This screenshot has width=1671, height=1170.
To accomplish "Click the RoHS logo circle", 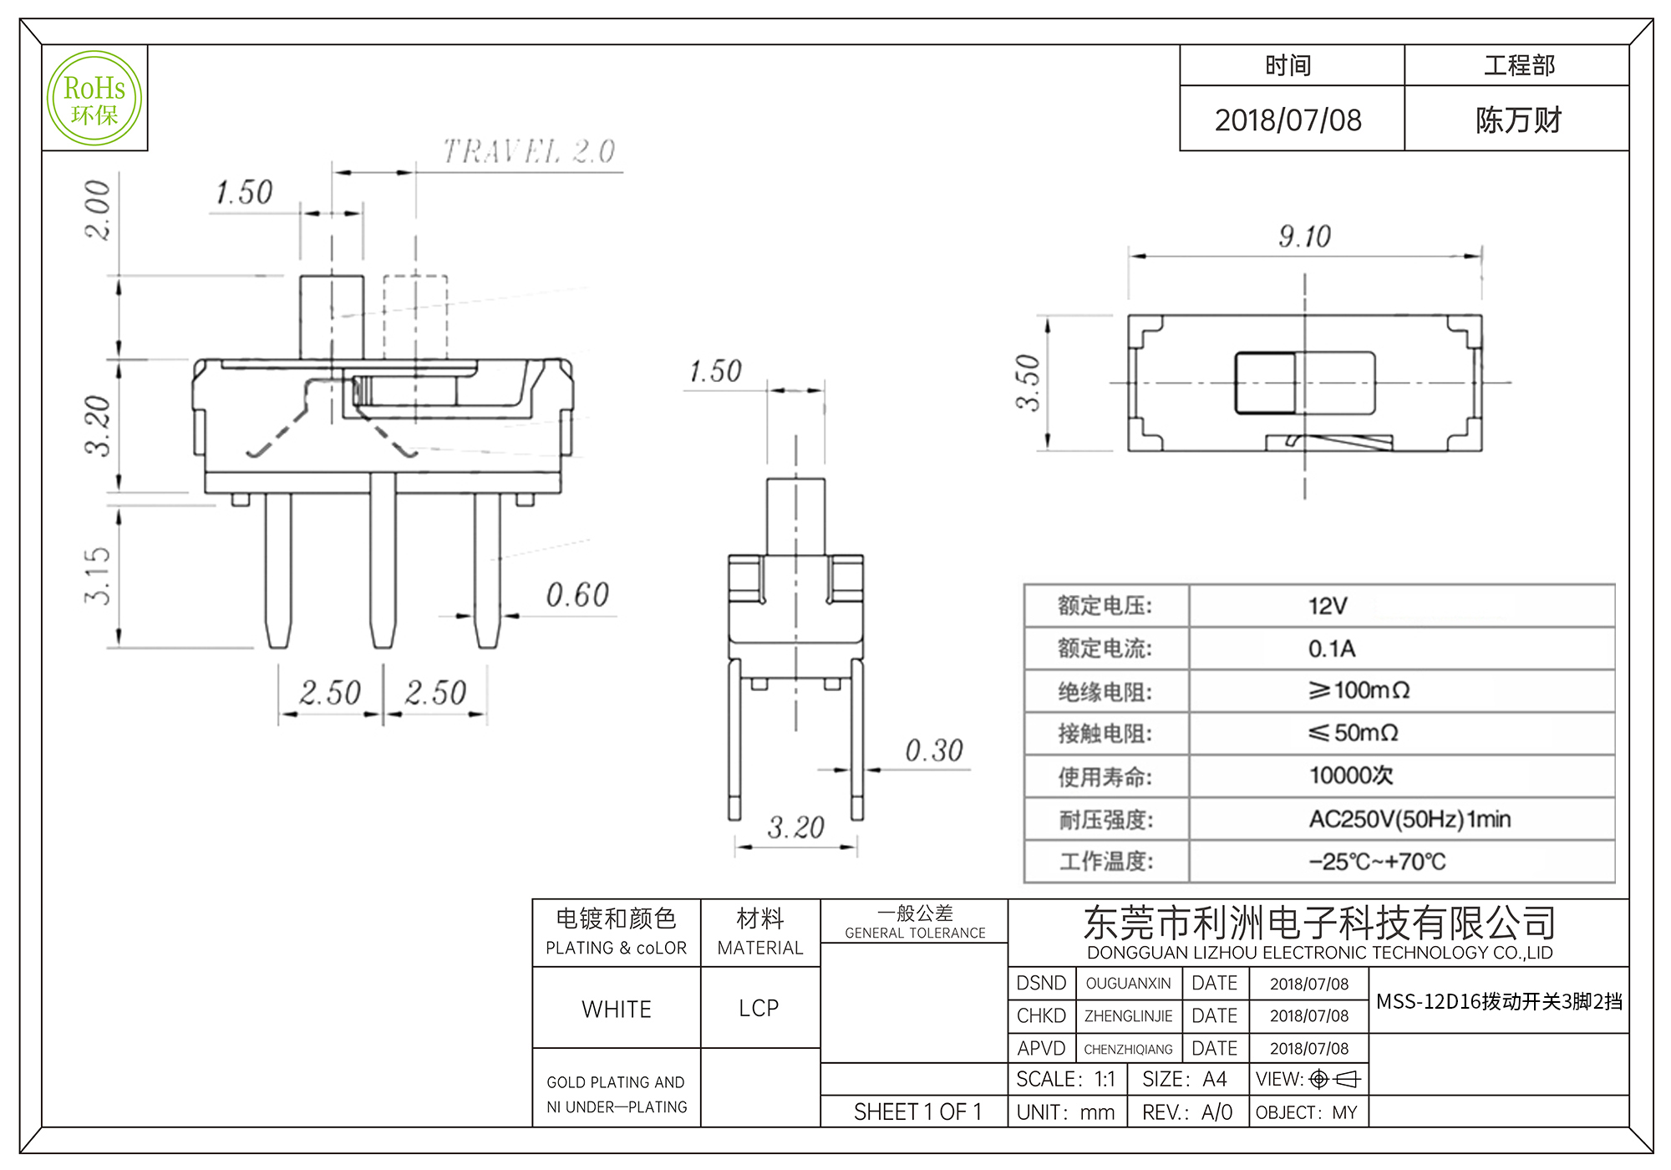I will click(94, 99).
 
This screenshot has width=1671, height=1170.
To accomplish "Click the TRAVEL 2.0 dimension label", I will click(529, 151).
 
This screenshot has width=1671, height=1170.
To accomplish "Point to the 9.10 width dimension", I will click(1304, 237).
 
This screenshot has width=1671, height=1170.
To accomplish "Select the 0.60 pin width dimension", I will click(577, 595).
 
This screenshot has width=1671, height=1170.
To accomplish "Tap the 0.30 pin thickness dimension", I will click(934, 750).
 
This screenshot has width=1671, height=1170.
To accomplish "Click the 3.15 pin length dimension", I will click(98, 576).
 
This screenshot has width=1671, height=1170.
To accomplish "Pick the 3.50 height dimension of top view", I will click(1028, 383).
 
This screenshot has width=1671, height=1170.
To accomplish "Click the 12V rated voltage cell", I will click(1328, 606).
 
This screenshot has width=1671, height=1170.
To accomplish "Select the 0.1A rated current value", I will click(1332, 649).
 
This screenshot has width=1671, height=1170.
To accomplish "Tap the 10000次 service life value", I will click(1351, 776).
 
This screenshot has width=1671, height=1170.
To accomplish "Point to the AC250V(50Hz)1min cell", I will click(1409, 819).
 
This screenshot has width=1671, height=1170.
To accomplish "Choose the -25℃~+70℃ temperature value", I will click(1377, 862).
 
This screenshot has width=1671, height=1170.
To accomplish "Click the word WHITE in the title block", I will click(617, 1010).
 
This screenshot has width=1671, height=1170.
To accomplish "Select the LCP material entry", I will click(759, 1009).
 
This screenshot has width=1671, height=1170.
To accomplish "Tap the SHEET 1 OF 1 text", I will click(917, 1112).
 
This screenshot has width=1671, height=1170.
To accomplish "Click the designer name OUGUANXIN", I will click(1128, 984).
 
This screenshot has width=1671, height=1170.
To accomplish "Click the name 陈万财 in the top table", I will click(1518, 120).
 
